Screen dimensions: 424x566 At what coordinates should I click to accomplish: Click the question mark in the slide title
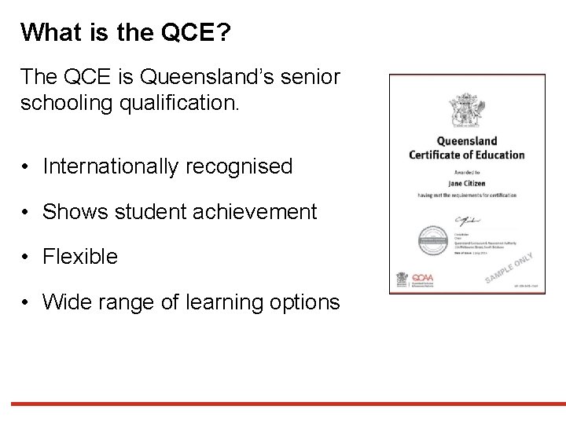pos(225,32)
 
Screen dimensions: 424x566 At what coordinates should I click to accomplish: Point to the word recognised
pos(244,166)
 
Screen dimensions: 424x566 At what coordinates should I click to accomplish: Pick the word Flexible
pos(81,256)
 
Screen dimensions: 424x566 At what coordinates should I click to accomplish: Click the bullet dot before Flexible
pos(26,257)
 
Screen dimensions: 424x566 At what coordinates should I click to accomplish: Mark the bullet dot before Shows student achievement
pos(26,212)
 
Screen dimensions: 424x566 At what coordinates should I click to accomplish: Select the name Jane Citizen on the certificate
pos(467,183)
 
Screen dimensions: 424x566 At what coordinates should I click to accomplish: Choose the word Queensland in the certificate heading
pos(467,141)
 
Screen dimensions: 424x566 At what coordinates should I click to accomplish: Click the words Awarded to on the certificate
pos(466,170)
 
